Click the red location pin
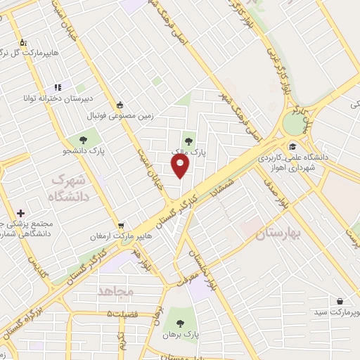(x=181, y=166)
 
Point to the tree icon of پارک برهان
(x=181, y=324)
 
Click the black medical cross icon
(x=20, y=213)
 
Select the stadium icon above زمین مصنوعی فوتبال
(x=120, y=104)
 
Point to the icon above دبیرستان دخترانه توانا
(x=59, y=88)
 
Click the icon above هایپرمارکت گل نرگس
(x=23, y=43)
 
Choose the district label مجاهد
(x=116, y=291)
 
